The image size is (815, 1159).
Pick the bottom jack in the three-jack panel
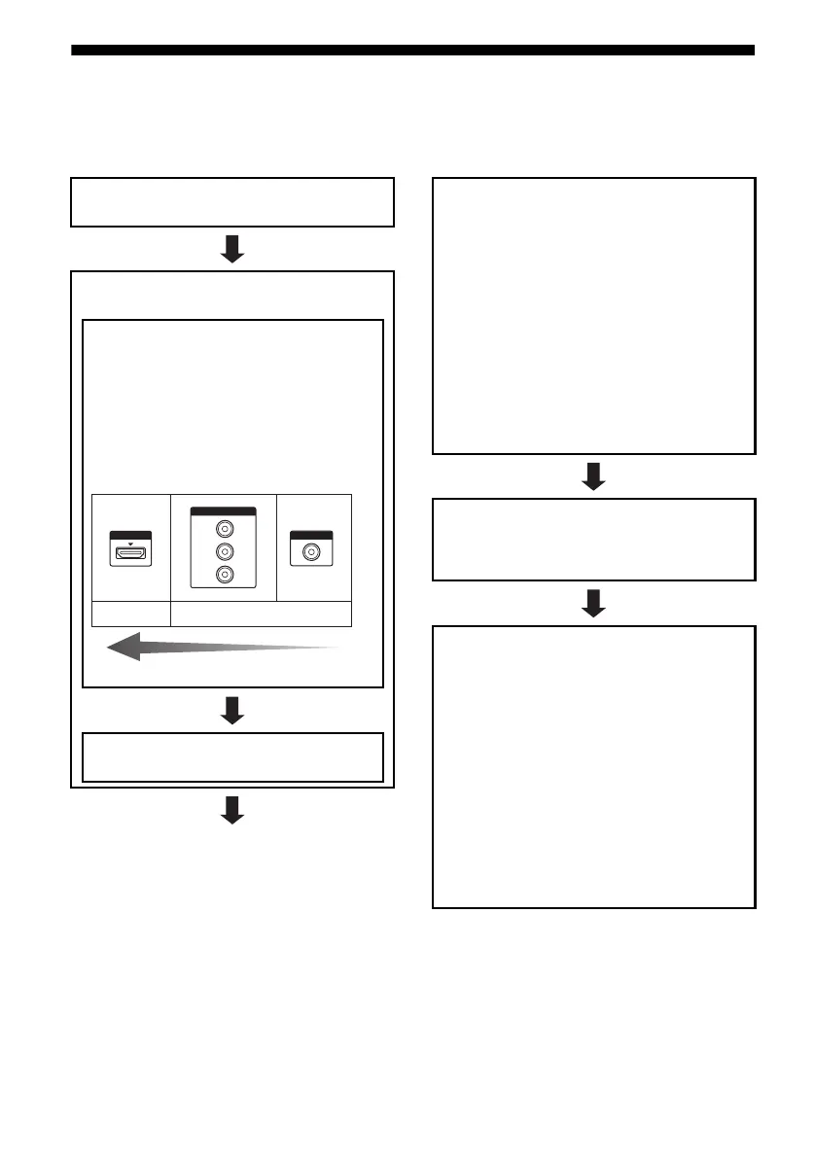pos(225,575)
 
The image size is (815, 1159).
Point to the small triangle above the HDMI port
pos(130,536)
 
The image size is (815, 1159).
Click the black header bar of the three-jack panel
pos(224,511)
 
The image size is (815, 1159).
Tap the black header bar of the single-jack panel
pos(312,534)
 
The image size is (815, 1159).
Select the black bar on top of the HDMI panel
pos(130,535)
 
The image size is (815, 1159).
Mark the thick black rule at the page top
pos(412,51)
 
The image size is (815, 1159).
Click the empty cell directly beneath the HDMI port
pos(130,615)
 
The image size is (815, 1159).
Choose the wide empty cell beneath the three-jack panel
pos(261,615)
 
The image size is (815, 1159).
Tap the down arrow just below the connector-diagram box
pos(231,710)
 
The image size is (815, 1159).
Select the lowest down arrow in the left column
pos(231,809)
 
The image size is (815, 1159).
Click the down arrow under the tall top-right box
pos(593,476)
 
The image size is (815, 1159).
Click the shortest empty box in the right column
pos(593,539)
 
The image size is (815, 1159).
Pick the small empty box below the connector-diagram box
pos(232,756)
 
